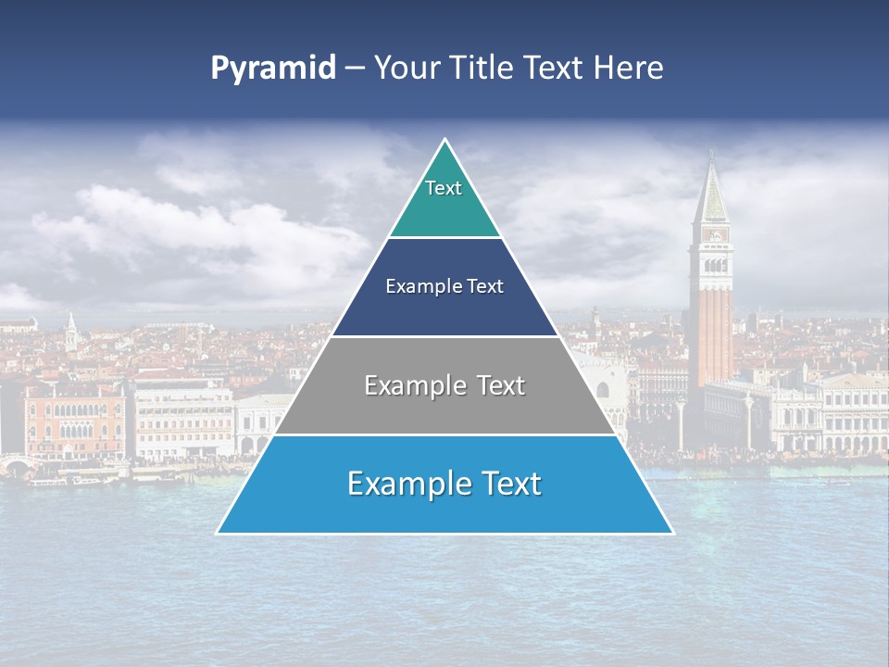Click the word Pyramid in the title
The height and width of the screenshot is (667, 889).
coord(273,69)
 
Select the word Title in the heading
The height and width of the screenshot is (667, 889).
coord(482,68)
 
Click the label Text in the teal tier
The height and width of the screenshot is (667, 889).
coord(444,188)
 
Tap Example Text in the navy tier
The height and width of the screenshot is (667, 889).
coord(444,286)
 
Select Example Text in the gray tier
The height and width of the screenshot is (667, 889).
coord(444,385)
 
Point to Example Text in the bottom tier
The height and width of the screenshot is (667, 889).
coord(444,484)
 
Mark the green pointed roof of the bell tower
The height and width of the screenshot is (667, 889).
coord(711,195)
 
